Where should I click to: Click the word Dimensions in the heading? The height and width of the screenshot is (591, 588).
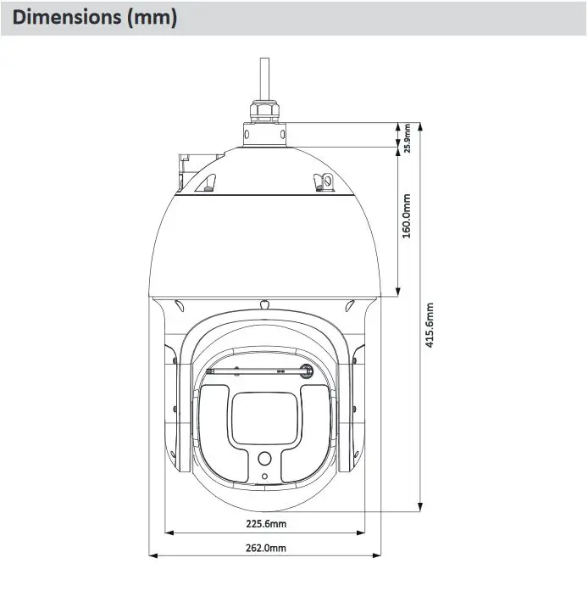pyautogui.click(x=67, y=17)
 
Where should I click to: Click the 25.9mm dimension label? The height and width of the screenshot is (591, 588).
pyautogui.click(x=408, y=138)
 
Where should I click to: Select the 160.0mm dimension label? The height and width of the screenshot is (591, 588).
pyautogui.click(x=407, y=216)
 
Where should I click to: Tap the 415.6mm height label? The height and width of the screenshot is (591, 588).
pyautogui.click(x=430, y=325)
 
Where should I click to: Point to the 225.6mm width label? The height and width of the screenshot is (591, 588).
pyautogui.click(x=266, y=523)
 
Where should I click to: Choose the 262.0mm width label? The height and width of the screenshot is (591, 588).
pyautogui.click(x=266, y=548)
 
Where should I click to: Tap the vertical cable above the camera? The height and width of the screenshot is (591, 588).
pyautogui.click(x=264, y=78)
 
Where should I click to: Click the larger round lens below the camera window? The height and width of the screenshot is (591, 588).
pyautogui.click(x=264, y=459)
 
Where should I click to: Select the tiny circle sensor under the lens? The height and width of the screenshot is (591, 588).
pyautogui.click(x=264, y=477)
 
